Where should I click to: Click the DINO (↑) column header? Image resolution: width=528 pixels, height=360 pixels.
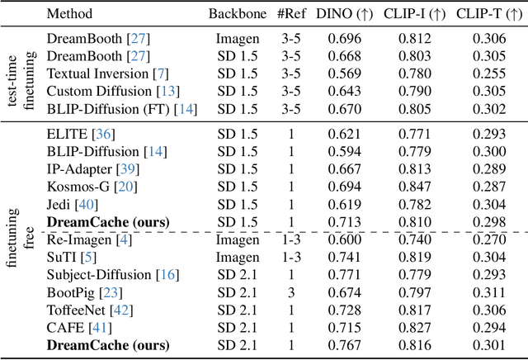[x=349, y=14]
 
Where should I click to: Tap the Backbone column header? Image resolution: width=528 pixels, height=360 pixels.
[x=238, y=14]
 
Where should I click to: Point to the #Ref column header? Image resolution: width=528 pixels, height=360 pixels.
[x=293, y=14]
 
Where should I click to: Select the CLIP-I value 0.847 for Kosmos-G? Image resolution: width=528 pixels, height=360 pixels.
[x=414, y=186]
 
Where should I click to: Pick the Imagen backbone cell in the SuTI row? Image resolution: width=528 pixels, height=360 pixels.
[x=238, y=256]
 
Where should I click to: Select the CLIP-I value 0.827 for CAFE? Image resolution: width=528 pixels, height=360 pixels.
[x=414, y=326]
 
